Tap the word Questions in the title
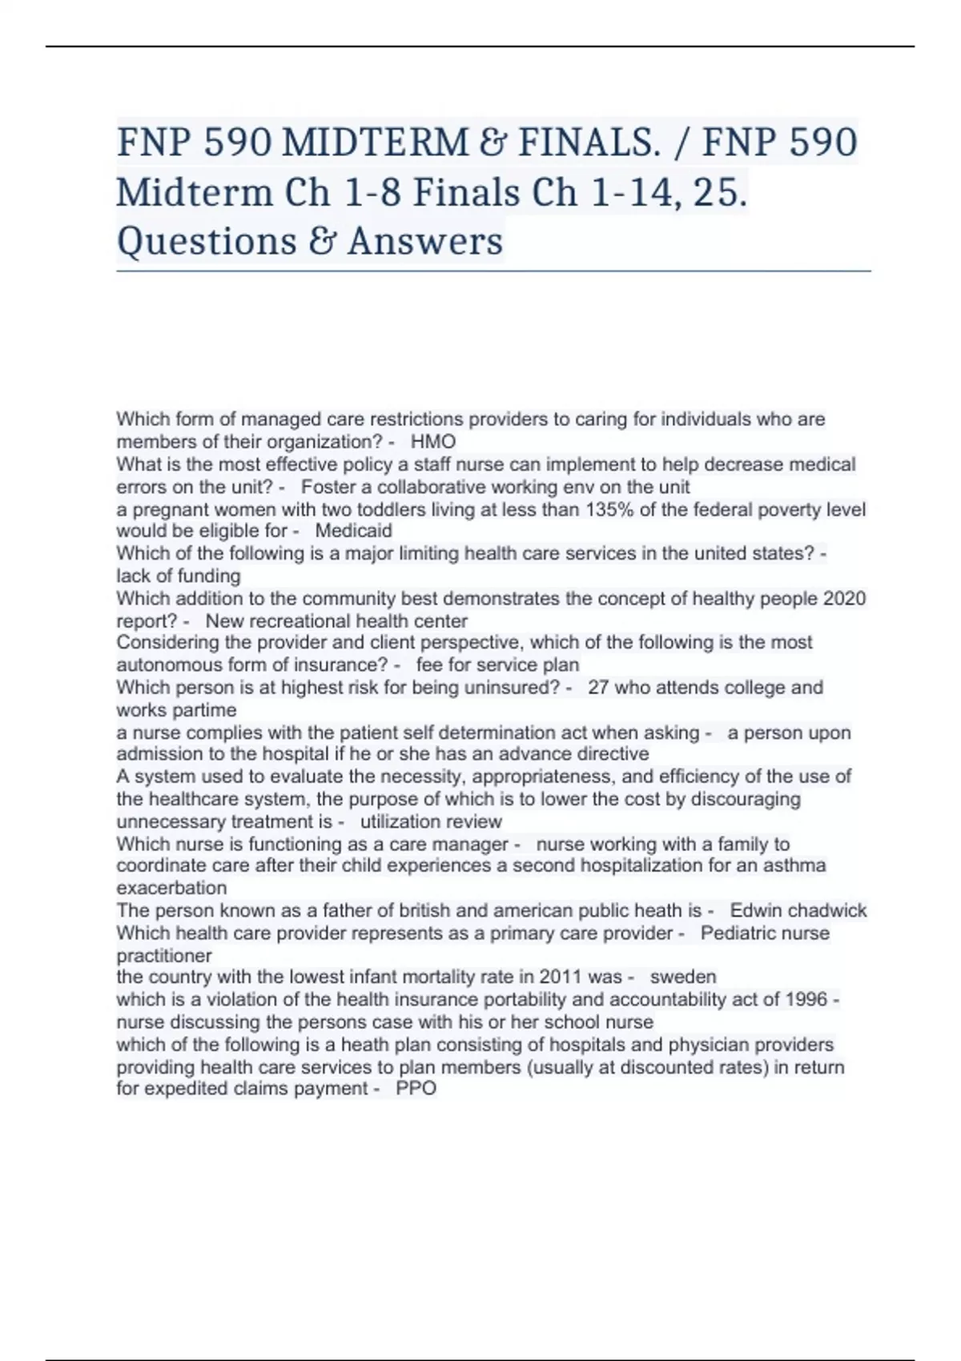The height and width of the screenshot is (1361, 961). [206, 241]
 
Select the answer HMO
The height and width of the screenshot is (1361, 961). [433, 442]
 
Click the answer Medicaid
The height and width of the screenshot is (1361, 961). [353, 531]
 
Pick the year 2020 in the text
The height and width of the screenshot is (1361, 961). [844, 599]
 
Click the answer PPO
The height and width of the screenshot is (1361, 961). [416, 1089]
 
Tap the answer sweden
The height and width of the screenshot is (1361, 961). [683, 978]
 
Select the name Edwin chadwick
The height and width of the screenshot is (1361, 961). [798, 911]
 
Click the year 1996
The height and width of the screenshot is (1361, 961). [806, 1000]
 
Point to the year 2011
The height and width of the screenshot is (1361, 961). [561, 978]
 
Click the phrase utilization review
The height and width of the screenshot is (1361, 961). [431, 822]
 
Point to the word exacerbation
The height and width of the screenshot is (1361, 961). [171, 889]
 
